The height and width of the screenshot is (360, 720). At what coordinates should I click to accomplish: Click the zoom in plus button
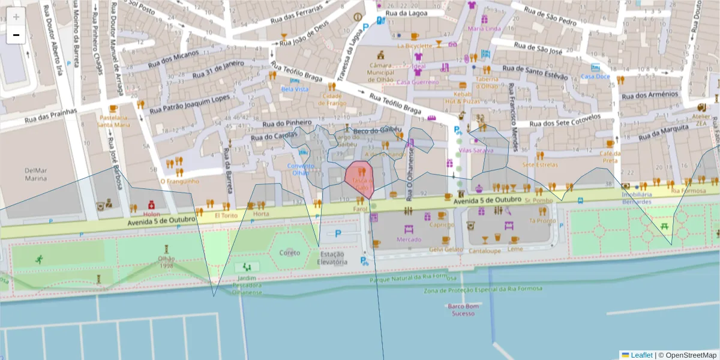tap(16, 17)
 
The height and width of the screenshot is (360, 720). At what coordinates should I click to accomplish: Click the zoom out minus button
tap(16, 35)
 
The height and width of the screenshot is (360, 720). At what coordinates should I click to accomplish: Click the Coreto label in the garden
tap(290, 253)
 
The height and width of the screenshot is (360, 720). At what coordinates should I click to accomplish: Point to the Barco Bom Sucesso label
tap(464, 310)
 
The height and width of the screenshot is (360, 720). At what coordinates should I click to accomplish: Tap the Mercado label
tap(409, 239)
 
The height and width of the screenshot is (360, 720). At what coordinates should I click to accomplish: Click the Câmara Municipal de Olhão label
tap(380, 71)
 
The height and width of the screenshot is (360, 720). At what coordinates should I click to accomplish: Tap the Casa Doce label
tap(595, 76)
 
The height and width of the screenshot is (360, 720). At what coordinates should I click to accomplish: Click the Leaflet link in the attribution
tap(641, 355)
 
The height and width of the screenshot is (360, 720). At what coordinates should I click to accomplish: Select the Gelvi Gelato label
tap(446, 249)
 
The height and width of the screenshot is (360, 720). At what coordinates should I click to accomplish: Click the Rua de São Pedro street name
tap(550, 15)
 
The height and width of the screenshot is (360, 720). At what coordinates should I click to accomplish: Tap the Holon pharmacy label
tap(152, 214)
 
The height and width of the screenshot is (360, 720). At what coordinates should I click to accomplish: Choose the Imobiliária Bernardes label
tap(637, 198)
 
